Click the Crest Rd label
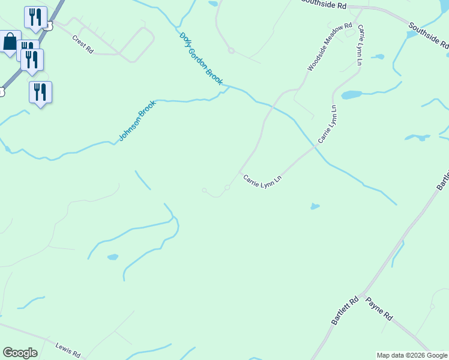pyautogui.click(x=82, y=45)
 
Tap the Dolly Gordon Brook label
pyautogui.click(x=201, y=58)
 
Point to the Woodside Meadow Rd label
pyautogui.click(x=330, y=47)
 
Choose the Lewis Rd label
pyautogui.click(x=68, y=350)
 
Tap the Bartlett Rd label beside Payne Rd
pyautogui.click(x=345, y=311)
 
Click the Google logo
pyautogui.click(x=20, y=353)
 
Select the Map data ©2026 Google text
pyautogui.click(x=412, y=355)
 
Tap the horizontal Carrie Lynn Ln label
pyautogui.click(x=262, y=179)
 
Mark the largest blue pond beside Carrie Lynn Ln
pyautogui.click(x=351, y=95)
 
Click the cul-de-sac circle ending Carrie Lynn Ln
pyautogui.click(x=228, y=188)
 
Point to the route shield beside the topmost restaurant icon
pyautogui.click(x=49, y=26)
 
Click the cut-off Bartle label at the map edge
pyautogui.click(x=442, y=180)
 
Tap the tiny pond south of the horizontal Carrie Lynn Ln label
pyautogui.click(x=315, y=207)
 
